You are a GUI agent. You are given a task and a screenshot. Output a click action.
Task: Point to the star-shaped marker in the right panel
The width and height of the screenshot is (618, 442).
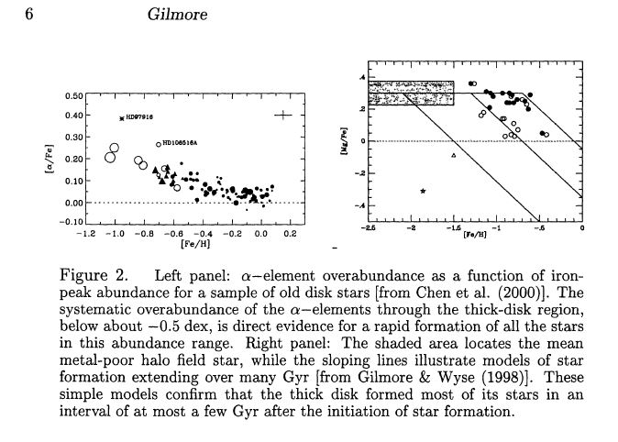[423, 191]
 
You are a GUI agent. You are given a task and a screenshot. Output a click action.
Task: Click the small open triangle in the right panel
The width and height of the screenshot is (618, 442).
[455, 157]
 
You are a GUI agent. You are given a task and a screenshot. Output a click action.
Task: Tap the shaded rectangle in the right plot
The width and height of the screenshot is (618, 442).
[412, 93]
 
